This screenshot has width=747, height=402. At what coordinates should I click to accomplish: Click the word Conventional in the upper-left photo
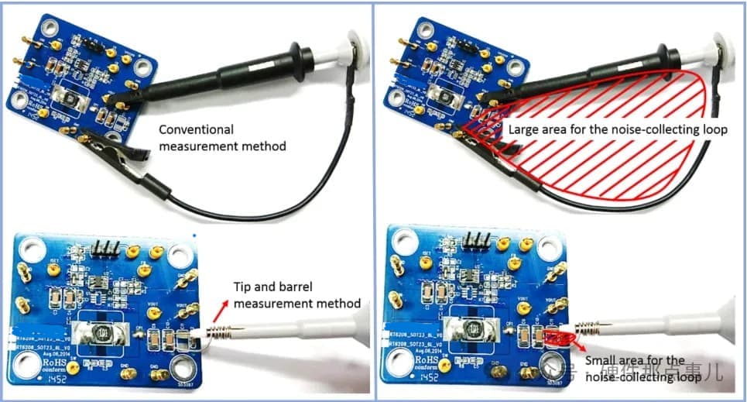coord(196,129)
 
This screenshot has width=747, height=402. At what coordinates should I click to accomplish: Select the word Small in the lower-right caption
coord(601,360)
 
